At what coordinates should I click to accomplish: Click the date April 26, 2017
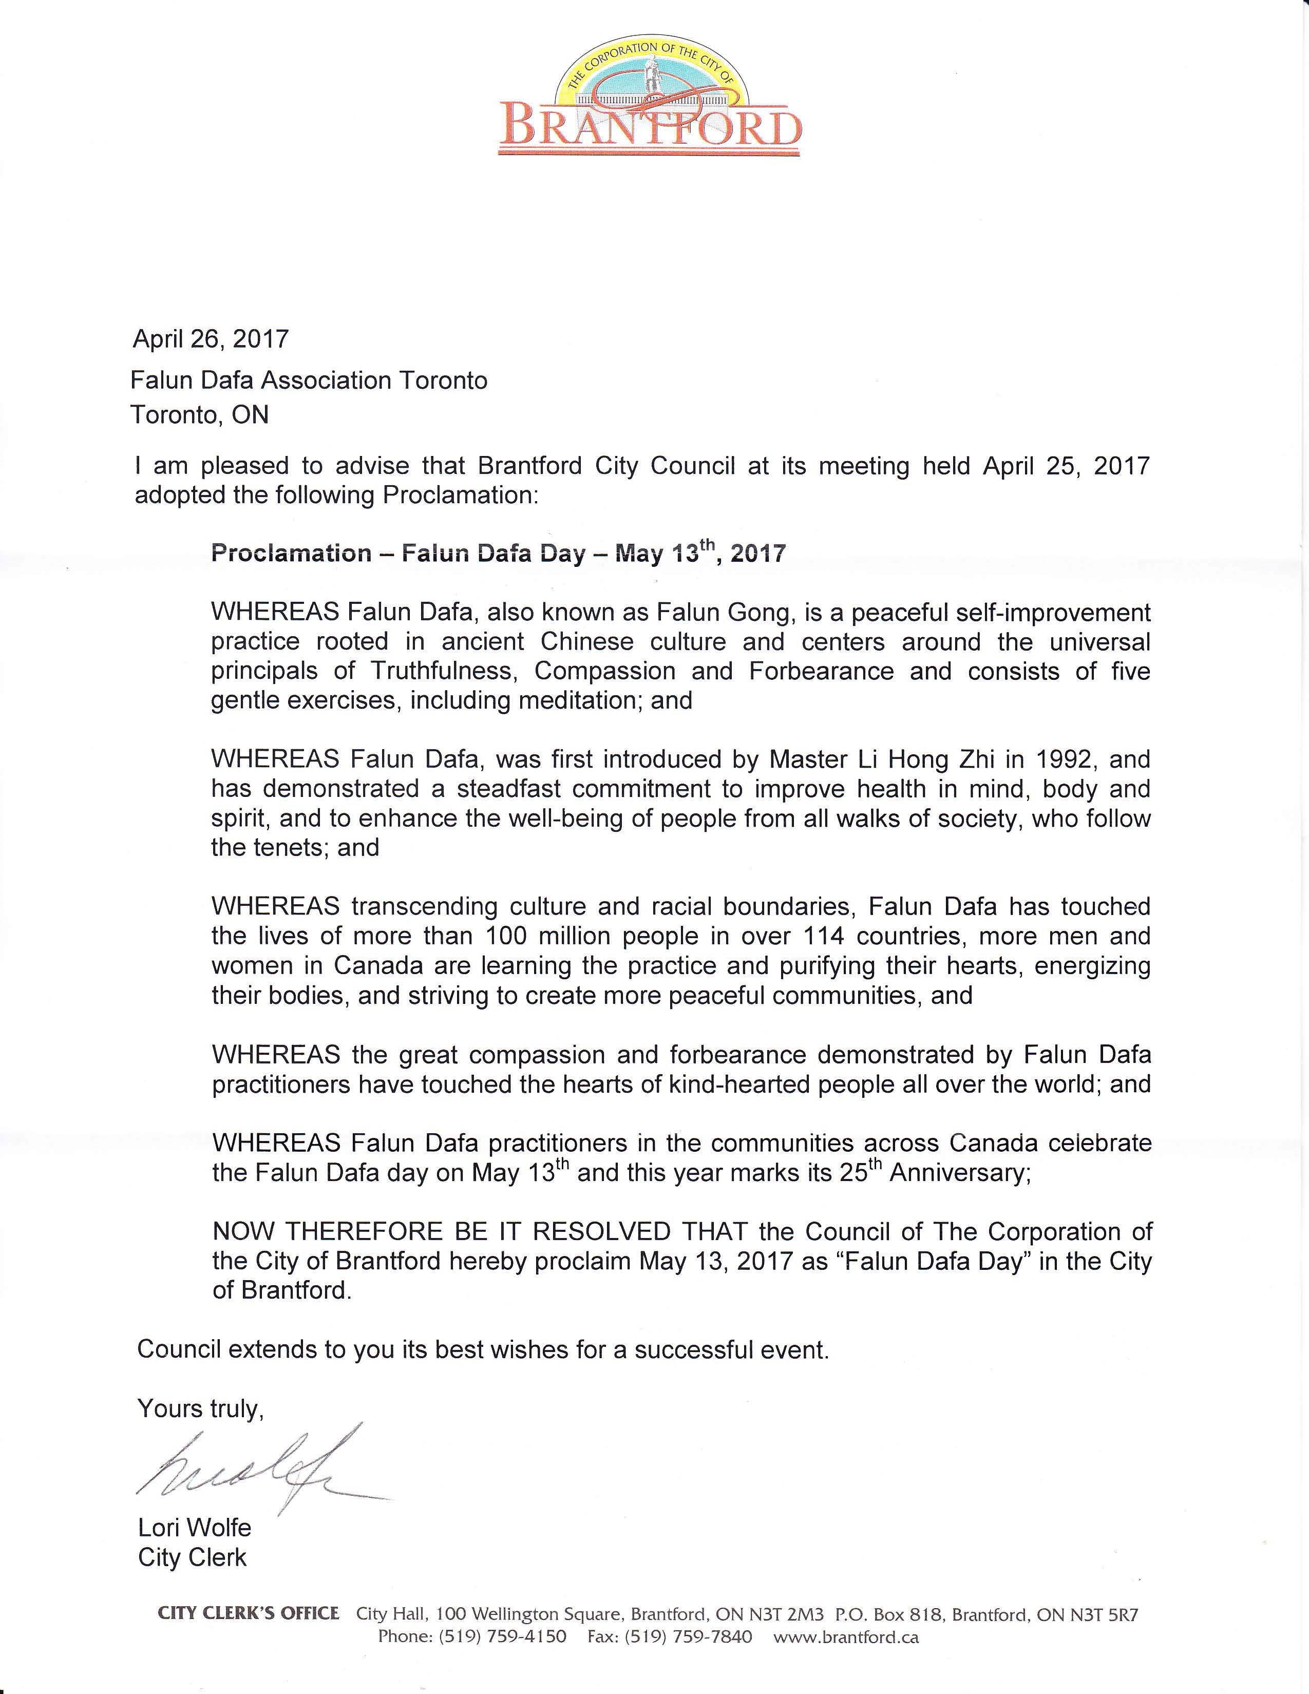point(210,339)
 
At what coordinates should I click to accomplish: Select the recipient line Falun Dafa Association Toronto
point(309,380)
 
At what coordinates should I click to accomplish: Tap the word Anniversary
point(959,1173)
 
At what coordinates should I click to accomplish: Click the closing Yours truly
point(200,1409)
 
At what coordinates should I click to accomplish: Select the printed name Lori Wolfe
point(194,1528)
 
